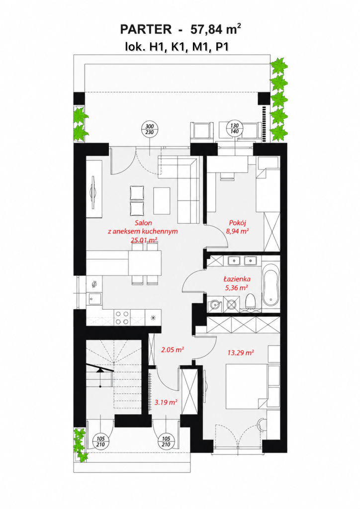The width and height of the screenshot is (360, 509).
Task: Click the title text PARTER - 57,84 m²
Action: pos(180,29)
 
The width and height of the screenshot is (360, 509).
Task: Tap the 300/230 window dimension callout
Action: pos(149,129)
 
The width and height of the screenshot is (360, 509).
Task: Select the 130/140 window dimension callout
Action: pos(234,129)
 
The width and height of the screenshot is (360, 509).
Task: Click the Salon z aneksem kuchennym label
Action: pos(143,232)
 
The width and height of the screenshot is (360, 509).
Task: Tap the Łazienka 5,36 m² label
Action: pos(237,283)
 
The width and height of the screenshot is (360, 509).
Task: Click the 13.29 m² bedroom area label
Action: pos(241,352)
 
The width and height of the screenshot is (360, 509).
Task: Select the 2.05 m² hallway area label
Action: pos(173,349)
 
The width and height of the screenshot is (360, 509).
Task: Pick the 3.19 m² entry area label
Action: pos(166,402)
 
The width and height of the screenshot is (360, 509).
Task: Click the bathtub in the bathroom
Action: pos(270,284)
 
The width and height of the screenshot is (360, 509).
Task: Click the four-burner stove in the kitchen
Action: pos(121,318)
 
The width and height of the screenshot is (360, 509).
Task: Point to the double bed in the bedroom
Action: pos(247,386)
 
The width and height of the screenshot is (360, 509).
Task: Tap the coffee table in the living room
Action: pos(162,201)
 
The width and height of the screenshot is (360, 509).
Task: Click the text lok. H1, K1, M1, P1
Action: pos(177,46)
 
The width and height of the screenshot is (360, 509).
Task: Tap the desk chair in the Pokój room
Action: pos(227,175)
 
